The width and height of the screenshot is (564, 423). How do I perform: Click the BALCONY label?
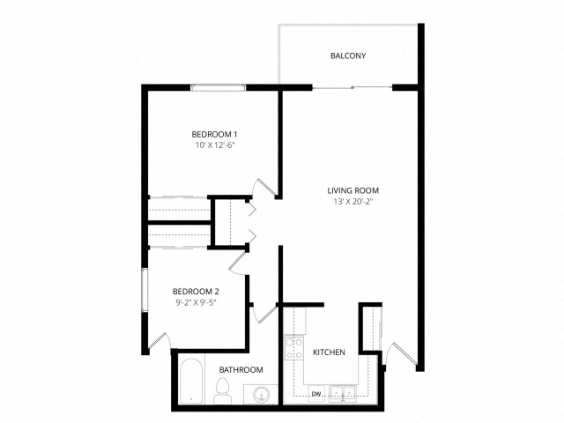coord(347,56)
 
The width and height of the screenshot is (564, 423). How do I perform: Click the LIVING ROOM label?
coord(352,189)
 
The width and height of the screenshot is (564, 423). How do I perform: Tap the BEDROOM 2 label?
coord(196,291)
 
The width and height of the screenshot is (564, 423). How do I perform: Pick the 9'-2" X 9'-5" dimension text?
coord(196,302)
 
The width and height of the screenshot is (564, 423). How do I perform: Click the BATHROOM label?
coord(241,370)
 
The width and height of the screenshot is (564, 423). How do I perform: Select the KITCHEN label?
coord(329,352)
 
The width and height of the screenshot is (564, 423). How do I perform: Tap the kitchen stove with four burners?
coord(293,346)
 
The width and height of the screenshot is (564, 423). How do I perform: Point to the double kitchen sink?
coord(343,394)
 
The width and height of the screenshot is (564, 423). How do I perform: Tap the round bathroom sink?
coord(260,394)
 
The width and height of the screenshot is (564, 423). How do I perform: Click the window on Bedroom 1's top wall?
coord(219,86)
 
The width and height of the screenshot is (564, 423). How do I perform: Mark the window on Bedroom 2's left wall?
coord(145,292)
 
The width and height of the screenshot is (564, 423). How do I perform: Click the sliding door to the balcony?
coord(352,87)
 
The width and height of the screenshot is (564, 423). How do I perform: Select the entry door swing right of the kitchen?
coord(394,352)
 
